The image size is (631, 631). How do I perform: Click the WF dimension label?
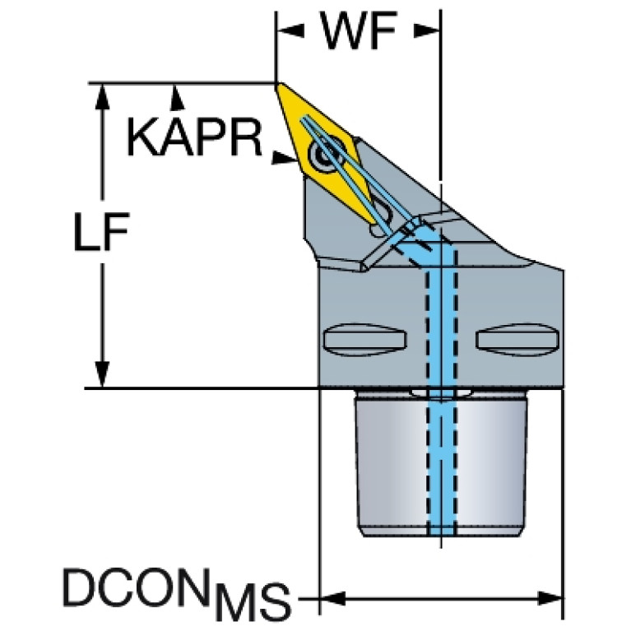point(360,30)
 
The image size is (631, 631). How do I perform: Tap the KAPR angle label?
point(195,137)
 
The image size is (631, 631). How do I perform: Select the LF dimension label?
point(102,231)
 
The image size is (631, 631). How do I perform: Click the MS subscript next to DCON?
point(252,601)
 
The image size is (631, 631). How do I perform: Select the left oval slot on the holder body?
point(364,339)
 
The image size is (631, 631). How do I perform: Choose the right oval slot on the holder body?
point(517,339)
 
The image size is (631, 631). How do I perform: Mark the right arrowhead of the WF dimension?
point(427,30)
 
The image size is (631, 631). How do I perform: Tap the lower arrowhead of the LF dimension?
point(102,374)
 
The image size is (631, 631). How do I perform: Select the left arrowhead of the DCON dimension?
point(332,598)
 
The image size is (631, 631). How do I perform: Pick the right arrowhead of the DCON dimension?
point(550,598)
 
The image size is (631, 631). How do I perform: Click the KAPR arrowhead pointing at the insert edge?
point(285,157)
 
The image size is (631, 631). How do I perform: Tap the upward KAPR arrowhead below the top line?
point(175,97)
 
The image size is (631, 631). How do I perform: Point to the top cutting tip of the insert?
point(278,84)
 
